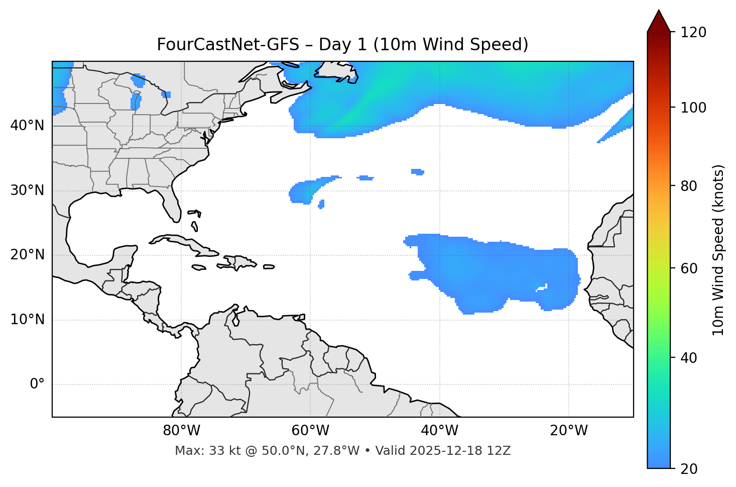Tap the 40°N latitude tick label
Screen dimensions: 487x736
pos(27,125)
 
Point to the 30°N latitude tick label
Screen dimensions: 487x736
pos(27,190)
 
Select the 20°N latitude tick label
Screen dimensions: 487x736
pos(27,255)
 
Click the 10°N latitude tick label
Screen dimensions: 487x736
pos(27,320)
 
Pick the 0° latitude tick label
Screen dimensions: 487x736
pos(37,384)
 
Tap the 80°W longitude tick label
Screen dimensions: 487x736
pos(181,431)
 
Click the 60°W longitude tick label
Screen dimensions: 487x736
pos(310,431)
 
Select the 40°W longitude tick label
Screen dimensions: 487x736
pos(440,431)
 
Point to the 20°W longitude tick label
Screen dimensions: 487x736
pos(569,431)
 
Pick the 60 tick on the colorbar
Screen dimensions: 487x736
pos(690,268)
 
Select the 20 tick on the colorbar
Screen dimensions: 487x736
pos(690,469)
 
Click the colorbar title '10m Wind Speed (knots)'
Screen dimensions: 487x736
pos(718,250)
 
